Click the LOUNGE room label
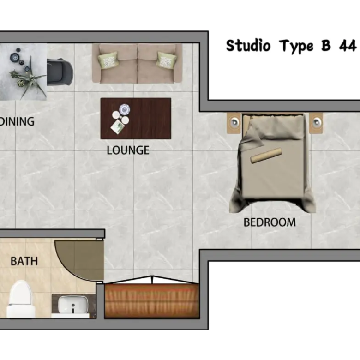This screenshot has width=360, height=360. click(128, 150)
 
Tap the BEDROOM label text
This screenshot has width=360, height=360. click(270, 222)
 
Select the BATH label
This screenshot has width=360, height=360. click(24, 261)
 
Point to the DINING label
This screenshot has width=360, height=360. click(17, 121)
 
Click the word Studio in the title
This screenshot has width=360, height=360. click(248, 45)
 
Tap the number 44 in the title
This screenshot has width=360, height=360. click(348, 46)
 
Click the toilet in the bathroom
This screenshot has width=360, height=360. click(20, 299)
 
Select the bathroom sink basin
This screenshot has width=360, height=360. click(73, 305)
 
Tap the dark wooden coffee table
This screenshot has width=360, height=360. click(136, 119)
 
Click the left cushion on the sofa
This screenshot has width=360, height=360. click(108, 60)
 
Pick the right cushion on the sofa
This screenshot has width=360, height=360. click(167, 60)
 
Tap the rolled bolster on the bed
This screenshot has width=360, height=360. click(266, 156)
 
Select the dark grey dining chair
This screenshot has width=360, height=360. click(60, 72)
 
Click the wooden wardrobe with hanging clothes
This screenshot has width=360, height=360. click(152, 301)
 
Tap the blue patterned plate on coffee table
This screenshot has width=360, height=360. click(125, 109)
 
